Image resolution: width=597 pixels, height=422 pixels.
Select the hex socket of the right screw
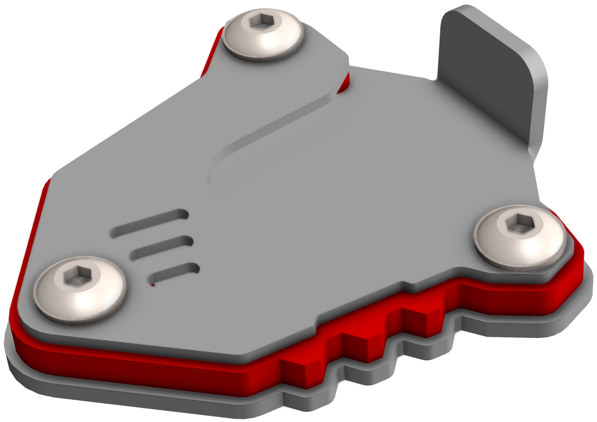[522, 224]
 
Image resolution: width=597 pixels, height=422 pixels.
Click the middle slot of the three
[161, 248]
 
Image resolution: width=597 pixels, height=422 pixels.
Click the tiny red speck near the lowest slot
[154, 285]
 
